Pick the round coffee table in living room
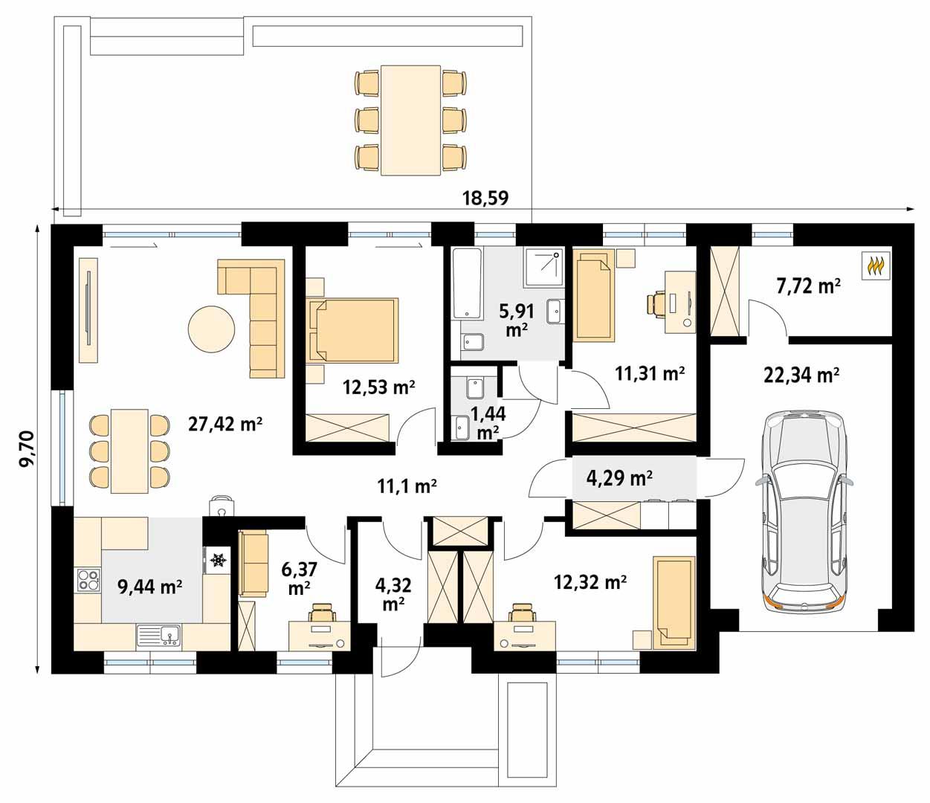(212, 329)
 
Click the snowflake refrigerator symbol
(218, 560)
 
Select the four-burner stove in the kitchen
(88, 580)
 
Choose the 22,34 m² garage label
(801, 375)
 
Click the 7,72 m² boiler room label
(808, 286)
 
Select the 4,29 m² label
(619, 477)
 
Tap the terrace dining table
(410, 120)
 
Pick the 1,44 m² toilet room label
(487, 422)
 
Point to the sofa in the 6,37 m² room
(252, 564)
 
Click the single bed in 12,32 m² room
(674, 602)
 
